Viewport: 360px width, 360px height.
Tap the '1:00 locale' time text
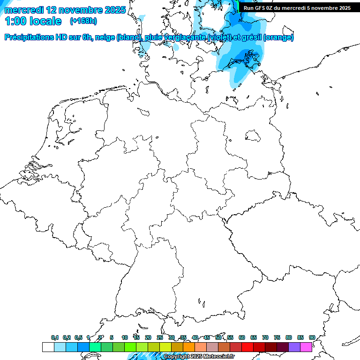(33, 21)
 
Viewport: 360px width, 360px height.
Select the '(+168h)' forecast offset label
(83, 21)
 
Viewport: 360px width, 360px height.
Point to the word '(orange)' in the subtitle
(279, 37)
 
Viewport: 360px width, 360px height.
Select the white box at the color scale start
(48, 347)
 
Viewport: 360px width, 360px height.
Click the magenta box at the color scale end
(306, 347)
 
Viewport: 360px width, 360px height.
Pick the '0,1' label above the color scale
(55, 337)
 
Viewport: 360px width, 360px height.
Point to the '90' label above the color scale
(312, 337)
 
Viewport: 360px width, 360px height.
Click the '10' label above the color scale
(125, 337)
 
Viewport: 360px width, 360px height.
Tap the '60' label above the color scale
(242, 337)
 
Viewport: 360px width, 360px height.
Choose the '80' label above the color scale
(289, 337)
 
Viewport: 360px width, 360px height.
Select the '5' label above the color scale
(112, 337)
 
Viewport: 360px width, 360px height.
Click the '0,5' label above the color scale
(78, 337)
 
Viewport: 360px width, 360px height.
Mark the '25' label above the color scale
(160, 337)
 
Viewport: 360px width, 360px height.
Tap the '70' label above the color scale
(265, 337)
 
